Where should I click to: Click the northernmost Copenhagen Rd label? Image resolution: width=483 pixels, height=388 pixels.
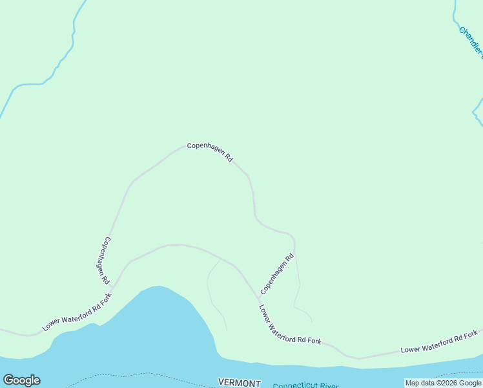210,151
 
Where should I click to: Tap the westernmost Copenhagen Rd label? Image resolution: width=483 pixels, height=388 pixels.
104,261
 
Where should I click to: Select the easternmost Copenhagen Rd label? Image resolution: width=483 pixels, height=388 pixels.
277,272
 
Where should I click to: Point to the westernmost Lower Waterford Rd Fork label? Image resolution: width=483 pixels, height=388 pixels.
77,312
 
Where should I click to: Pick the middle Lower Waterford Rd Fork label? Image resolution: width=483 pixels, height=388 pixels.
290,324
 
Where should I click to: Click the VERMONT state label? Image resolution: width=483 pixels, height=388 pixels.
239,383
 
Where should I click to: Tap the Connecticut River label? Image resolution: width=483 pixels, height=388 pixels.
305,385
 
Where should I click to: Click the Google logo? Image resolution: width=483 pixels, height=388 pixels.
22,380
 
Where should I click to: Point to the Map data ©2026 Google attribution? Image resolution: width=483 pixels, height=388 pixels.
443,383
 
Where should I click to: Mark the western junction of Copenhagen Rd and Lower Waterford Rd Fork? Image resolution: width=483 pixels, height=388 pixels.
112,286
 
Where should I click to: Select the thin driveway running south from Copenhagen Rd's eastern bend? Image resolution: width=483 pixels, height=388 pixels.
298,285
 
